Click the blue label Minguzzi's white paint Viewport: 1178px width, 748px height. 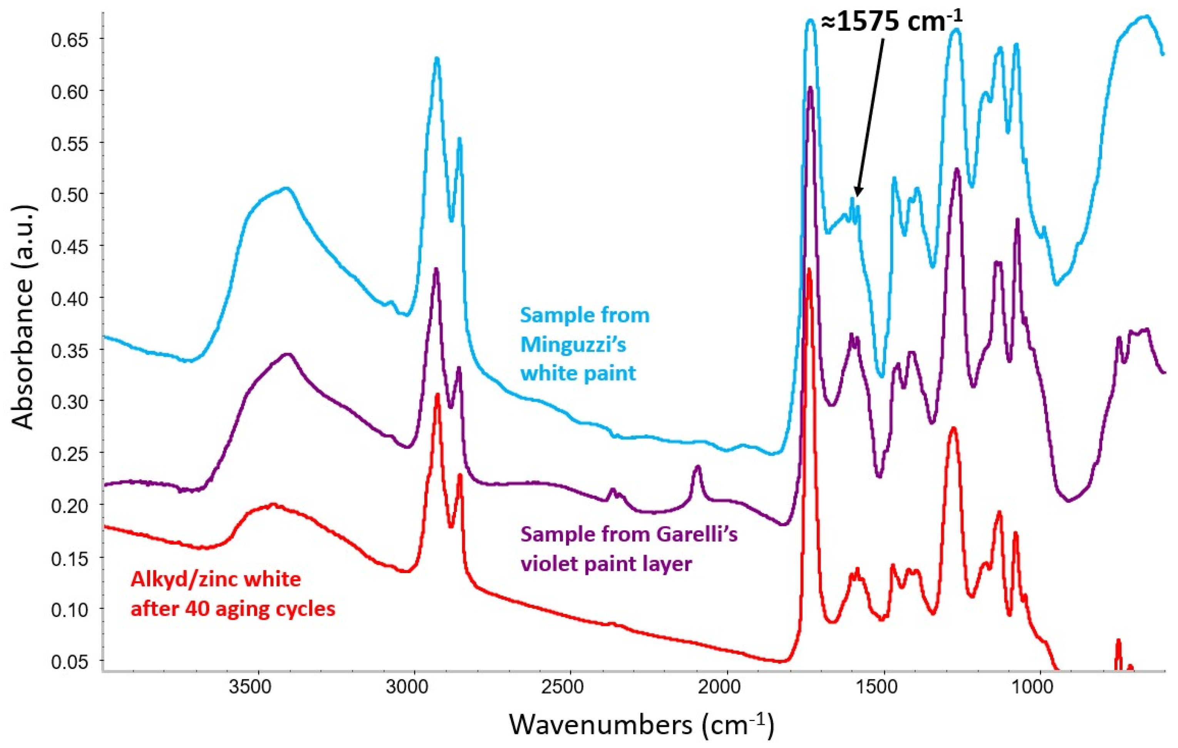pyautogui.click(x=585, y=344)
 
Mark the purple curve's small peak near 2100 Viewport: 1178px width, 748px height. pyautogui.click(x=698, y=467)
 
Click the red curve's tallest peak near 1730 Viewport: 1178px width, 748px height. pyautogui.click(x=809, y=270)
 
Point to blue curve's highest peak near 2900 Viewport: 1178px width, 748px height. pyautogui.click(x=437, y=59)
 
